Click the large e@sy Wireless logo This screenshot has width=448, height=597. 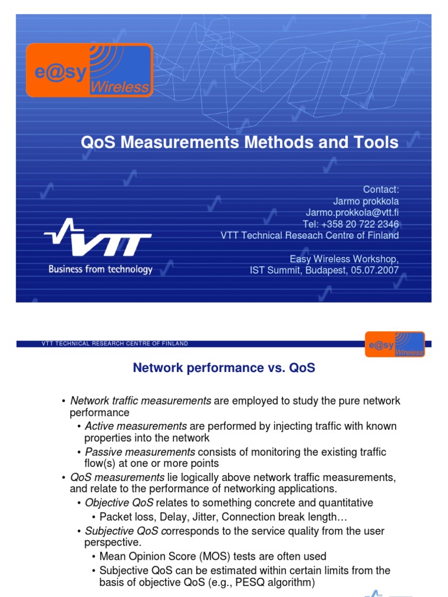click(x=89, y=70)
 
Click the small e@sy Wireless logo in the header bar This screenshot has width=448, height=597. click(x=394, y=343)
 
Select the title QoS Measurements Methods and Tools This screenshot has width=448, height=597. click(x=240, y=142)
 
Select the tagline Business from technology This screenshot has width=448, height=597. click(x=100, y=269)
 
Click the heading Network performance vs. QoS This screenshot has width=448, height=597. click(x=224, y=368)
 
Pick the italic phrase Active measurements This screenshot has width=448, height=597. click(x=136, y=426)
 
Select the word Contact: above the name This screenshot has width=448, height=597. click(x=381, y=189)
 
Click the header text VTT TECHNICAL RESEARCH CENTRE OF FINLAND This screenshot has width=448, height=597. click(x=115, y=344)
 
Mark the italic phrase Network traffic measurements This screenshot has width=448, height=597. click(x=141, y=401)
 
